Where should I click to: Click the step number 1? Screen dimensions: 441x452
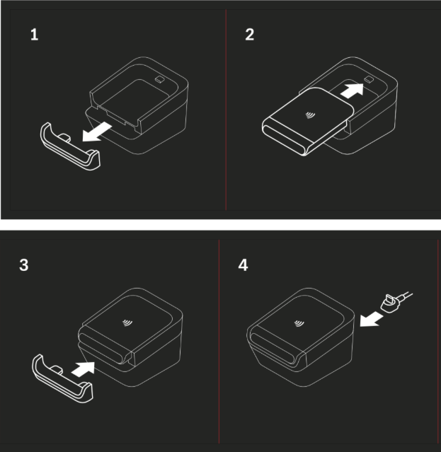34,35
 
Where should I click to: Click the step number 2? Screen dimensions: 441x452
250,35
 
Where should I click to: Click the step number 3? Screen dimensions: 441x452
24,265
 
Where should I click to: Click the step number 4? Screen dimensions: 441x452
243,265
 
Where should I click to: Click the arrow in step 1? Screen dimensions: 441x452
96,132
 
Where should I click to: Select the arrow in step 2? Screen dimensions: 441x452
353,90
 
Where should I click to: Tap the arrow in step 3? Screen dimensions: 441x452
83,369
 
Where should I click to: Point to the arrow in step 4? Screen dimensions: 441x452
371,319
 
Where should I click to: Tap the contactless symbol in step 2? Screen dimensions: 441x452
310,115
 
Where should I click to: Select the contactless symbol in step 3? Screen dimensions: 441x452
127,323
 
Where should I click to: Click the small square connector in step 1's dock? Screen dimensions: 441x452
160,79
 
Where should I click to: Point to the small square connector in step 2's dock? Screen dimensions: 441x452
369,79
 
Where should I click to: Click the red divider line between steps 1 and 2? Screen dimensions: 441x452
226,110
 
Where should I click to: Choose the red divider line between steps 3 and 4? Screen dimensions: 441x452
219,342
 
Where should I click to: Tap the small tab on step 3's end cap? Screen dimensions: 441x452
57,370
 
